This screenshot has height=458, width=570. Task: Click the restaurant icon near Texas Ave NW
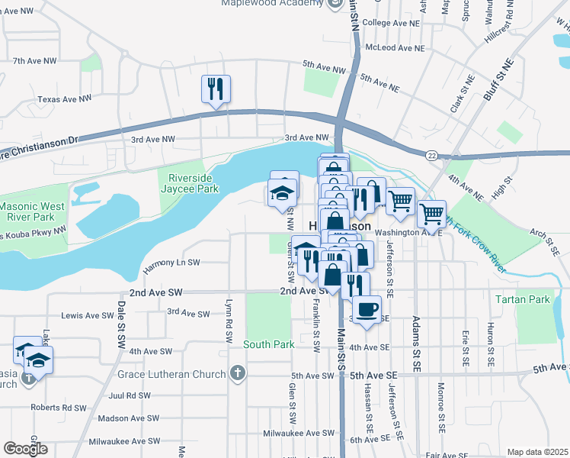[216, 89]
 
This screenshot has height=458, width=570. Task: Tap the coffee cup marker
[367, 309]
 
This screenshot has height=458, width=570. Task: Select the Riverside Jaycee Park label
[188, 183]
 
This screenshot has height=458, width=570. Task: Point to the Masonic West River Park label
[32, 212]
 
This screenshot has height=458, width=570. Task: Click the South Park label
[269, 344]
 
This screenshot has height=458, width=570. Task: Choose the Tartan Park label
[522, 299]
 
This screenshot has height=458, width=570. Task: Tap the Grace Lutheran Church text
[171, 374]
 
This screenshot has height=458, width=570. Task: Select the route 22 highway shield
[431, 156]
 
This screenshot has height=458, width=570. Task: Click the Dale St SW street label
[121, 321]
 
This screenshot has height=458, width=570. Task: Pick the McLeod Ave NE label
[394, 47]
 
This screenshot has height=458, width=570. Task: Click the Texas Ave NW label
[65, 98]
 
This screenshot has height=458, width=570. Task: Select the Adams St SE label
[416, 343]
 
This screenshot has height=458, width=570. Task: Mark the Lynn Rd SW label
[228, 313]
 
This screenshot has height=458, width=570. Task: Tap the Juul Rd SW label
[130, 395]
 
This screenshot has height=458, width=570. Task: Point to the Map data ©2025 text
[536, 452]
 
